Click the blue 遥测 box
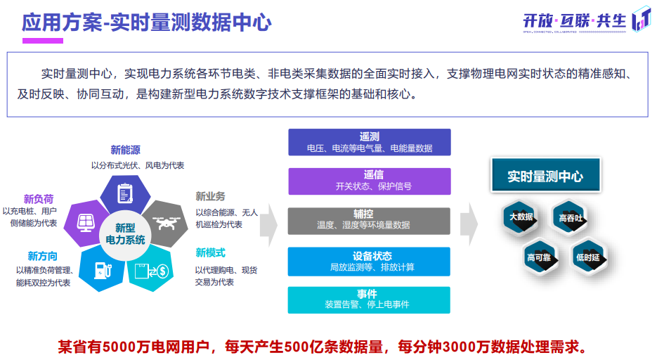pyautogui.click(x=369, y=142)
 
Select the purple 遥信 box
pyautogui.click(x=369, y=181)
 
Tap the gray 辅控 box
pyautogui.click(x=369, y=220)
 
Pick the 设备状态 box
pyautogui.click(x=369, y=261)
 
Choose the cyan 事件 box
pyautogui.click(x=369, y=300)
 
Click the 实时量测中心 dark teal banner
pyautogui.click(x=545, y=176)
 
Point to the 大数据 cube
pyautogui.click(x=521, y=217)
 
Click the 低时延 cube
pyautogui.click(x=588, y=257)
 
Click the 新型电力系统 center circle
pyautogui.click(x=125, y=233)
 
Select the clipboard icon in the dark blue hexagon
pyautogui.click(x=126, y=192)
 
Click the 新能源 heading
pyautogui.click(x=125, y=150)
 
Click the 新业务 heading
pyautogui.click(x=210, y=196)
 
